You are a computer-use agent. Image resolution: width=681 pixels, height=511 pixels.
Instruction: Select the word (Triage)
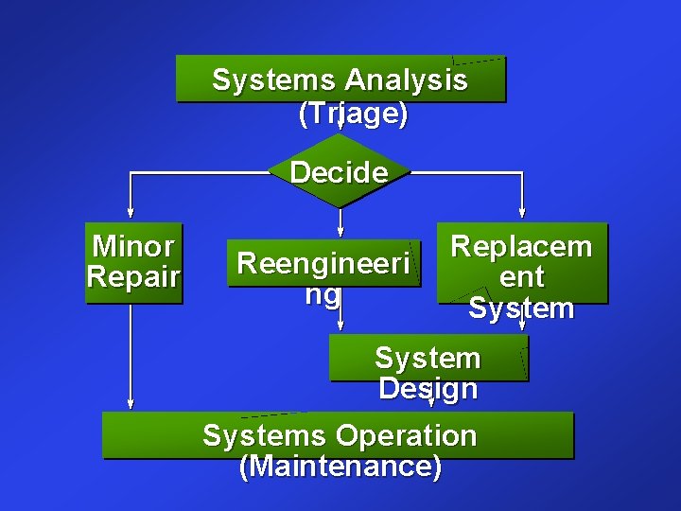tap(353, 115)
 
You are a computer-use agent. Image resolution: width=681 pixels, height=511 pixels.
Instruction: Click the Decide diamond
tap(340, 172)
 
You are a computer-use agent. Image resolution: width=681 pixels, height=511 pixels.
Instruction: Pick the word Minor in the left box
tap(133, 247)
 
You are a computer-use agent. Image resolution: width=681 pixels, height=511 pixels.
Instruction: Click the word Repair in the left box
tap(133, 277)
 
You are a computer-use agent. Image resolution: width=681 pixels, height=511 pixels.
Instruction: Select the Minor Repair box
tap(133, 263)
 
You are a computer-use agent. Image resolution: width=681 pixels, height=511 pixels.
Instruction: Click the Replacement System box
tap(521, 263)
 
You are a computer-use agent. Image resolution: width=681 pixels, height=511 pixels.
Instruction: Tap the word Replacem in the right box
tap(521, 247)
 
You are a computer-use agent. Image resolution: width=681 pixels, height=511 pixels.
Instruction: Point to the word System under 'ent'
tap(521, 308)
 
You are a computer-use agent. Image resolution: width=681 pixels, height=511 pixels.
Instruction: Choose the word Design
tap(428, 389)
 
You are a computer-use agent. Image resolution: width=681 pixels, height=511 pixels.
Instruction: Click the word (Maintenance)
tap(340, 467)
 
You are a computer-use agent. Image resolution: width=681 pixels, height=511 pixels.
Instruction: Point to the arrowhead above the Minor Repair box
tap(131, 212)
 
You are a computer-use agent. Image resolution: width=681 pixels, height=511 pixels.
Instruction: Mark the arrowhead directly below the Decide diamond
tap(340, 230)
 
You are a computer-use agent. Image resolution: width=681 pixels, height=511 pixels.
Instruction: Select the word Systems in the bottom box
tap(264, 436)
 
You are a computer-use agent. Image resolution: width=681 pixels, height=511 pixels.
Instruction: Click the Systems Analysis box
tap(340, 79)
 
